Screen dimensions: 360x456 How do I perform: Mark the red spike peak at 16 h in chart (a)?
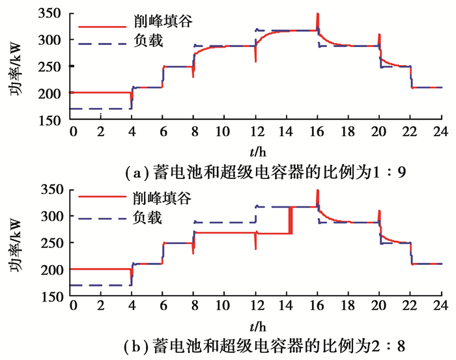click(x=317, y=14)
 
